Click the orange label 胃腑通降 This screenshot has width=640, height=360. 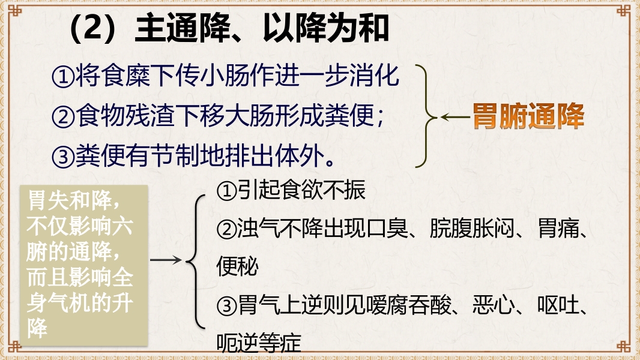coord(528,117)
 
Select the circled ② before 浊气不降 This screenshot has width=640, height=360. coord(226,229)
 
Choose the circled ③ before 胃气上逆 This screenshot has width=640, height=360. coord(226,307)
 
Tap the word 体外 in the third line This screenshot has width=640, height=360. coord(305,157)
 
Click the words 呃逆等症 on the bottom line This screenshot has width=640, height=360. coord(258,344)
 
